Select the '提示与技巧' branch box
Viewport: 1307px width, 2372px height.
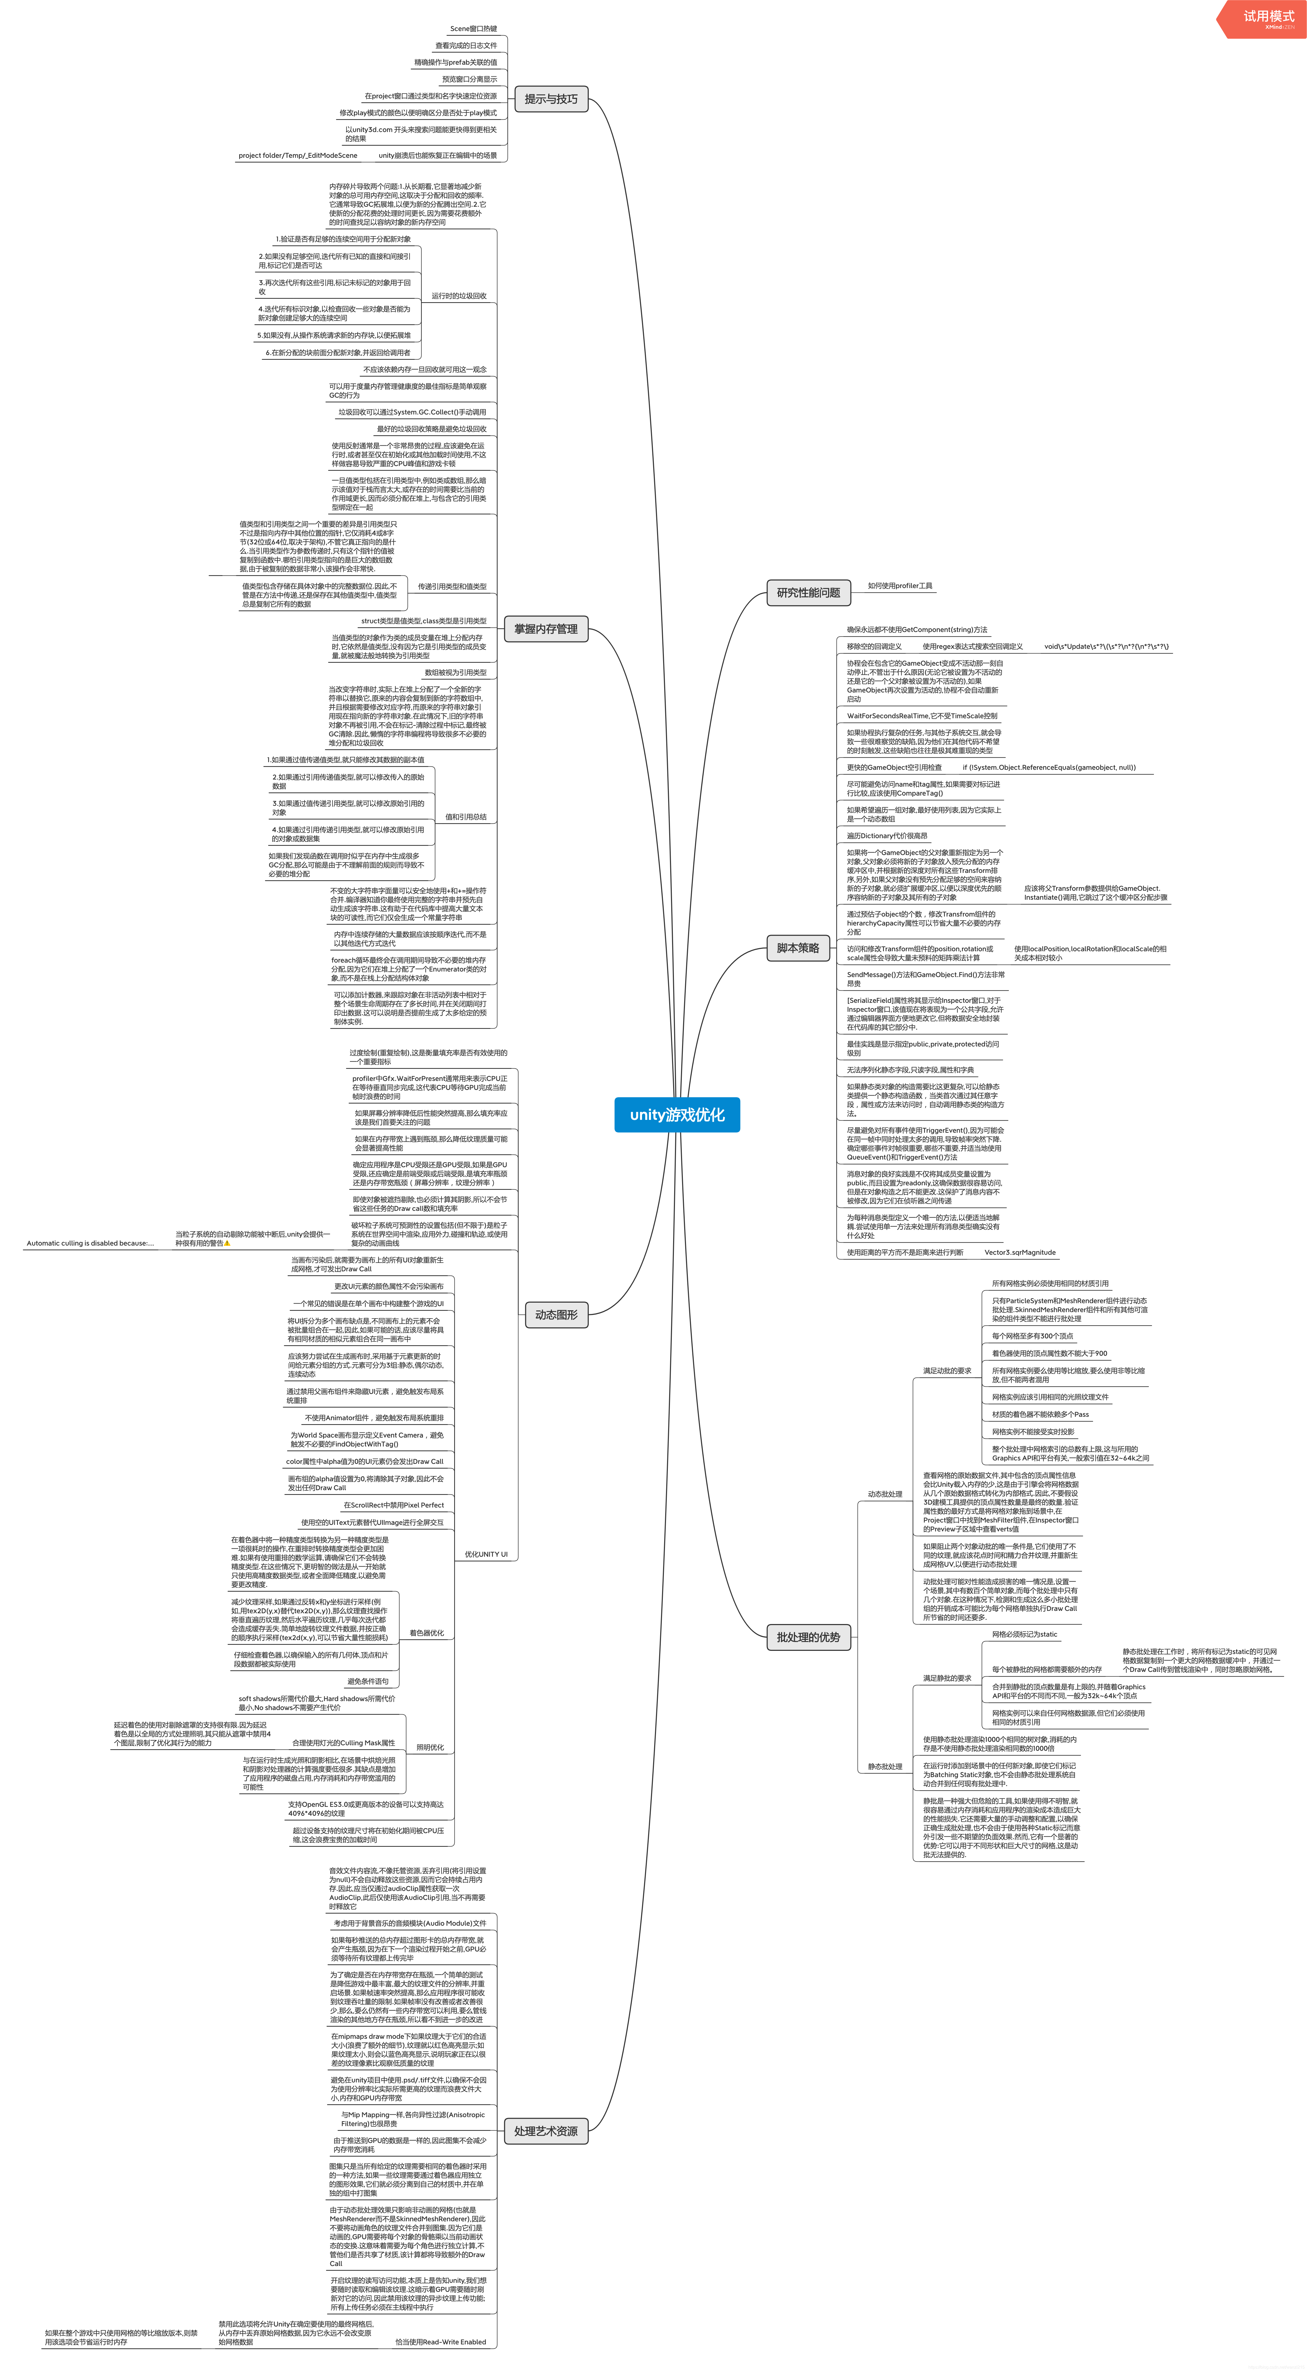551,99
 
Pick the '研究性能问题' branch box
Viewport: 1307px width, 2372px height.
808,593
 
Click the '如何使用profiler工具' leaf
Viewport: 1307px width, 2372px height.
900,586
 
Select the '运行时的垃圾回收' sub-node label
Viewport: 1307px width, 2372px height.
459,296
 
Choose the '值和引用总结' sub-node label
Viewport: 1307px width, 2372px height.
465,817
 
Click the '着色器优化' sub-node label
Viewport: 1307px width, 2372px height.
427,1633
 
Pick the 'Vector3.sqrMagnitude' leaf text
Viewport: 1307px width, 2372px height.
1020,1252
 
